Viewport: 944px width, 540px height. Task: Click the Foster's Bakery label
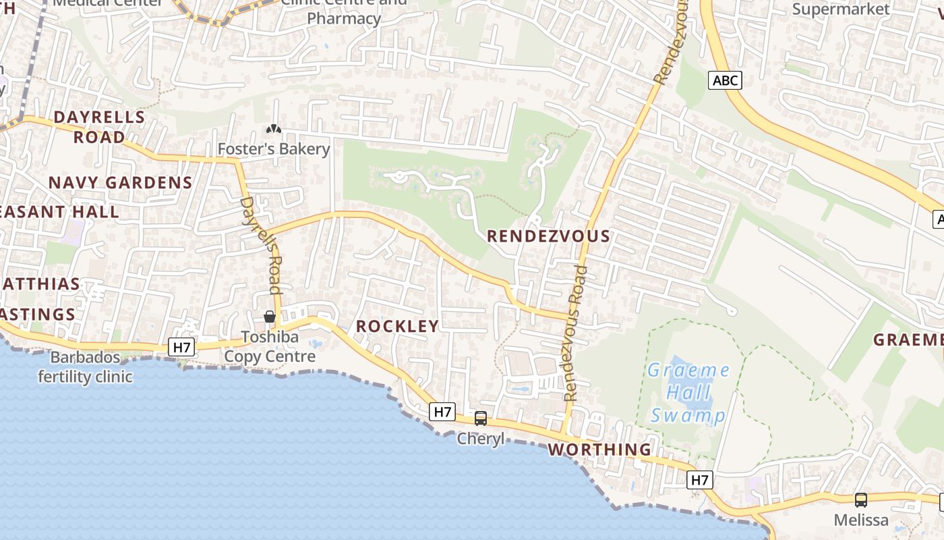coord(274,148)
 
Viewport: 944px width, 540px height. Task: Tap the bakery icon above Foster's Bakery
coord(274,128)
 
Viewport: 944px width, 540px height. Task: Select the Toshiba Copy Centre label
coord(270,346)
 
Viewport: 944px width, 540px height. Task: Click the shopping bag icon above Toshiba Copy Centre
coord(270,316)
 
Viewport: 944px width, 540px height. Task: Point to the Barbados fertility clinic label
coord(85,367)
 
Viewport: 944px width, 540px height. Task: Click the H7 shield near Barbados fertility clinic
coord(182,348)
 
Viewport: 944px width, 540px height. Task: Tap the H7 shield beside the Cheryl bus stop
coord(442,411)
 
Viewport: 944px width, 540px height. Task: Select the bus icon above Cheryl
coord(481,418)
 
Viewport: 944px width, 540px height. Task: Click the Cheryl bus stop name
coord(481,439)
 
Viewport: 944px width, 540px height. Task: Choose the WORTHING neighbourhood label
coord(600,450)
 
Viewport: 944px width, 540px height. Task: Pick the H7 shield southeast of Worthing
coord(700,480)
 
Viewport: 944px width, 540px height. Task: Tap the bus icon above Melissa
coord(861,500)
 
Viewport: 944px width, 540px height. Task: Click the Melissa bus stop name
coord(861,520)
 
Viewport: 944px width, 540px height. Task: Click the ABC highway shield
coord(726,81)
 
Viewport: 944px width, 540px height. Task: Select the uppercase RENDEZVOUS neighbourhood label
coord(548,236)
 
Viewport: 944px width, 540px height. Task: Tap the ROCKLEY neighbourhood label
coord(397,326)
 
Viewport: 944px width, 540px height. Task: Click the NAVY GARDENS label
coord(121,182)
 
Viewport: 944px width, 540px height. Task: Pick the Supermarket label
coord(841,9)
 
